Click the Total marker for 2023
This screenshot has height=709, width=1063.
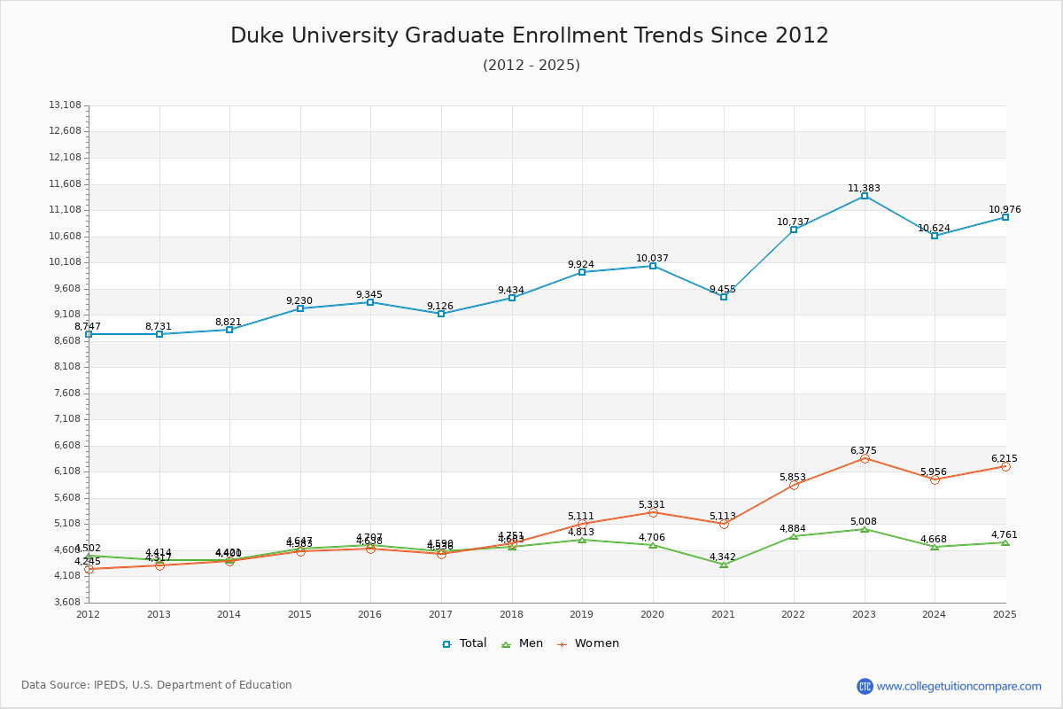coord(865,196)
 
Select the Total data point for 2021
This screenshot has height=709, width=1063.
coord(724,297)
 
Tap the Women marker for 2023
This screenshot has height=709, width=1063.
coord(865,458)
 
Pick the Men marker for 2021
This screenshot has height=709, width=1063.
coord(724,565)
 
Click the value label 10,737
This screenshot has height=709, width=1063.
coord(794,222)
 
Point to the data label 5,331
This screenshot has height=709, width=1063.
coord(653,504)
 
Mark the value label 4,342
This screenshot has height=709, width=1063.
coord(723,557)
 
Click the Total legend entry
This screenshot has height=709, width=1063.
coord(464,643)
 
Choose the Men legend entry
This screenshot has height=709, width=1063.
coord(523,643)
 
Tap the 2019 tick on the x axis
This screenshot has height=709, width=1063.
coord(582,614)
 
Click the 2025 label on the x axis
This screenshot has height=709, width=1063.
coord(1005,614)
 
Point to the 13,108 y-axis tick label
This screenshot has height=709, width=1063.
coord(66,105)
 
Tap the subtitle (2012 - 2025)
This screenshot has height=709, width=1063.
coord(531,65)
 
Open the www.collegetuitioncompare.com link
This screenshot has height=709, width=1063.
coord(958,686)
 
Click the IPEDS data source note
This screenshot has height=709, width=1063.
coord(157,685)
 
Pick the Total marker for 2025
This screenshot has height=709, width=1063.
coord(1005,217)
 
